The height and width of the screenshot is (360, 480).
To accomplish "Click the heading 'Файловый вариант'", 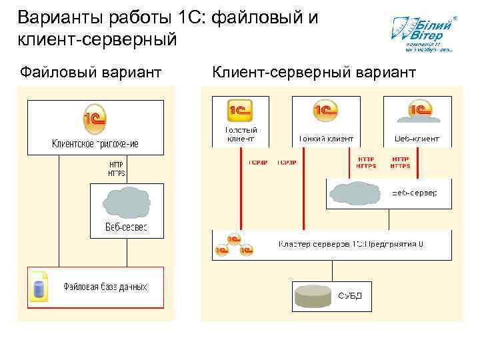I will click(91, 71).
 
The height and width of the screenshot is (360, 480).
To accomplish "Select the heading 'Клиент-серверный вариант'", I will click(314, 71).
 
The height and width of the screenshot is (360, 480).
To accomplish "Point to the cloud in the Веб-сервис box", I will click(127, 203).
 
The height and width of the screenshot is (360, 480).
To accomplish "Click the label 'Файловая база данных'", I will click(105, 287).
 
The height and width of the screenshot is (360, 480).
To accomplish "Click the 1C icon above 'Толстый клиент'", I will click(240, 110).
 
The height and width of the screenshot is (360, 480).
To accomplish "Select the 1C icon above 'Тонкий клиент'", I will click(326, 111).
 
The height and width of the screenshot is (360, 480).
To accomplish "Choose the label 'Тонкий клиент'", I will click(326, 139).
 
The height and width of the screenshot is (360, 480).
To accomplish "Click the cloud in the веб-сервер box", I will click(358, 193).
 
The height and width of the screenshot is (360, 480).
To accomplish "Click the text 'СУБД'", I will click(350, 295).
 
